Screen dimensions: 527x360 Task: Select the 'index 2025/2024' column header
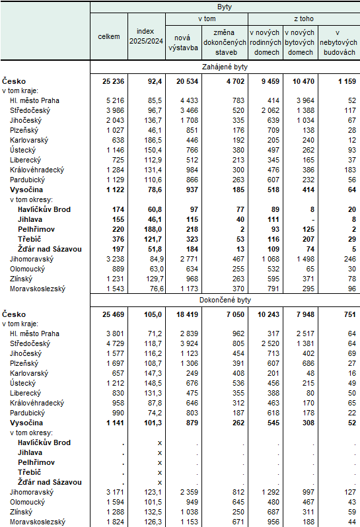(145, 36)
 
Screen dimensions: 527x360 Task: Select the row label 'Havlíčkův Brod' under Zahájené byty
(45, 209)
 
